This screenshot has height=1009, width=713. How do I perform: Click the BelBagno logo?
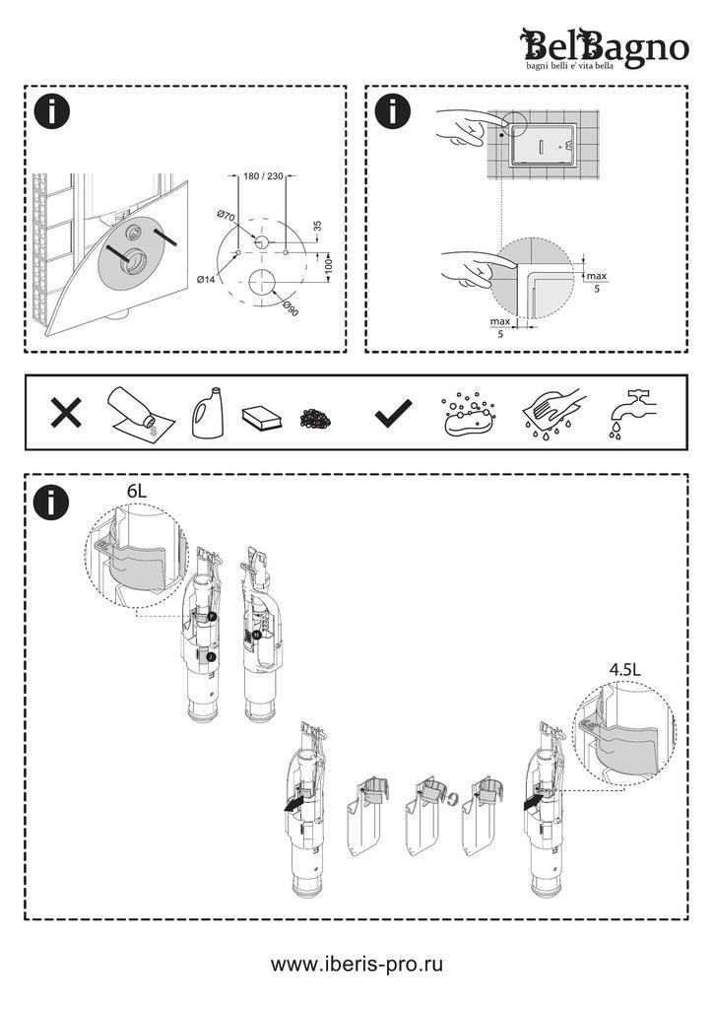[x=604, y=48]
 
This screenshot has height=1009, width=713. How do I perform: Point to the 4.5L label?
[x=624, y=668]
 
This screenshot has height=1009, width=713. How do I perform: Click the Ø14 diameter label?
[x=206, y=280]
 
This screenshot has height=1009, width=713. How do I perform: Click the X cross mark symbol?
[x=66, y=414]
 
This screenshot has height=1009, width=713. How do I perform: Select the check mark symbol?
[x=394, y=415]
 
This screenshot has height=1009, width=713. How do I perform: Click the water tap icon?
[x=630, y=413]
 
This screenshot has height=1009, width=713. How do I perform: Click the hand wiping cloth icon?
[x=553, y=415]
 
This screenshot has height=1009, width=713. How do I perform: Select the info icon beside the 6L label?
[x=51, y=503]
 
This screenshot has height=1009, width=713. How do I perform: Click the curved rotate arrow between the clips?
[x=450, y=799]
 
